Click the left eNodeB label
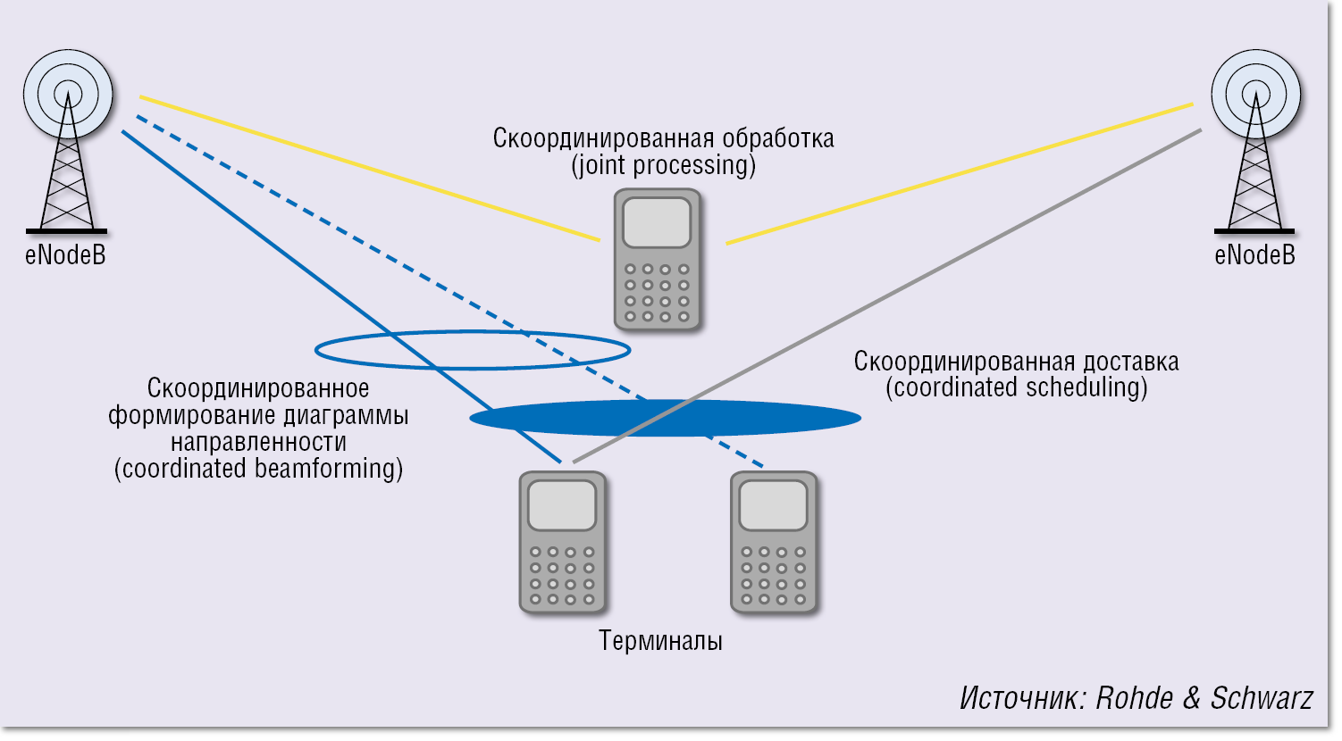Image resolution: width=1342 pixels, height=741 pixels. click(x=65, y=255)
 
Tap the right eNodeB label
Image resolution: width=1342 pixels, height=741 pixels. click(x=1254, y=255)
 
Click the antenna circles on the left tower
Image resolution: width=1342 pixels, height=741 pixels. click(x=68, y=93)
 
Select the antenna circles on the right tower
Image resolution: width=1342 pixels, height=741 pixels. click(x=1255, y=93)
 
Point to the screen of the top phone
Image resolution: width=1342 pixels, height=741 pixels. click(x=657, y=222)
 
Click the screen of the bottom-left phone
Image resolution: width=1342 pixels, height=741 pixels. click(x=562, y=505)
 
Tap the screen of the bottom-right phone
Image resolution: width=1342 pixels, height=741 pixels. click(x=773, y=505)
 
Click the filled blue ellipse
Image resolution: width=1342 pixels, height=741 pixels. click(x=786, y=418)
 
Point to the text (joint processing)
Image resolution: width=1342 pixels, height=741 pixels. click(x=663, y=166)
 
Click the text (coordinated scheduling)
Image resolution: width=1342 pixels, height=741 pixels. click(x=1016, y=387)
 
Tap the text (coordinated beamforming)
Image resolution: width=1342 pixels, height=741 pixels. click(x=258, y=469)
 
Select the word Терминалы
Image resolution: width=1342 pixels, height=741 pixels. click(x=660, y=641)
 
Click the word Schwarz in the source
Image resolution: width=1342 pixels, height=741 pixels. click(x=1262, y=698)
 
